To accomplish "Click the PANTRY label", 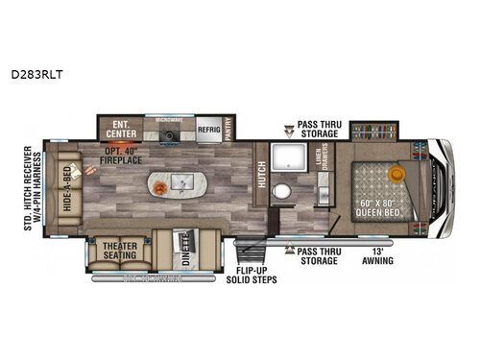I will click(232, 130).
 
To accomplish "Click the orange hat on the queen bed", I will click(396, 174).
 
